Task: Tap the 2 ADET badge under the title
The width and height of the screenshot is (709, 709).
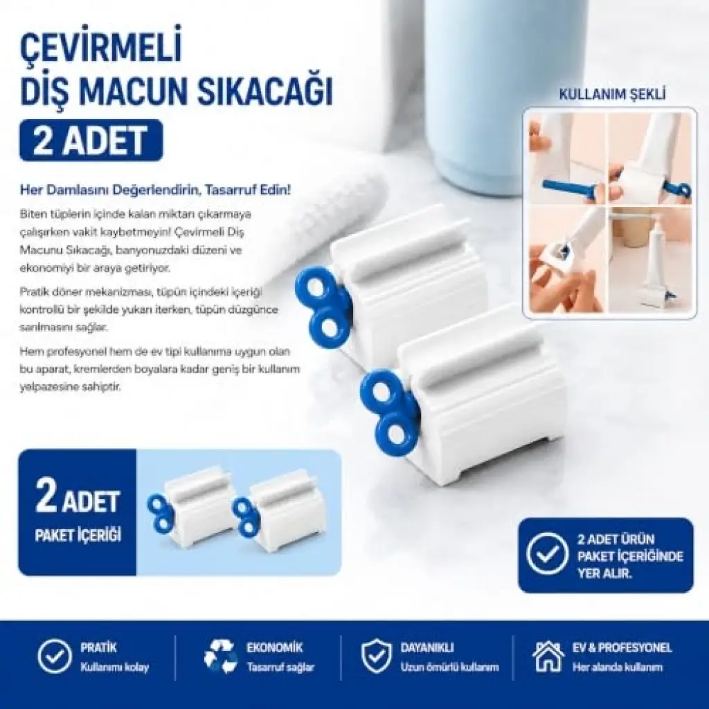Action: coord(91,140)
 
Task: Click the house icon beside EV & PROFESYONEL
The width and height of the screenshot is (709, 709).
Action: coord(548,656)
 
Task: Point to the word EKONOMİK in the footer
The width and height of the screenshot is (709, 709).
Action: coord(274,647)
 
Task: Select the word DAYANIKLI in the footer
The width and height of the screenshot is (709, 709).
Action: coord(427,647)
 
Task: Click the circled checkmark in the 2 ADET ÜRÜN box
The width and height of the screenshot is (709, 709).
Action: coord(548,556)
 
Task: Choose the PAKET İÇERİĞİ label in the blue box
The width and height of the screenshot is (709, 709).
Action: coord(78,536)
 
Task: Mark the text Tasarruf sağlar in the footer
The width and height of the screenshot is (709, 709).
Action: coord(280,667)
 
